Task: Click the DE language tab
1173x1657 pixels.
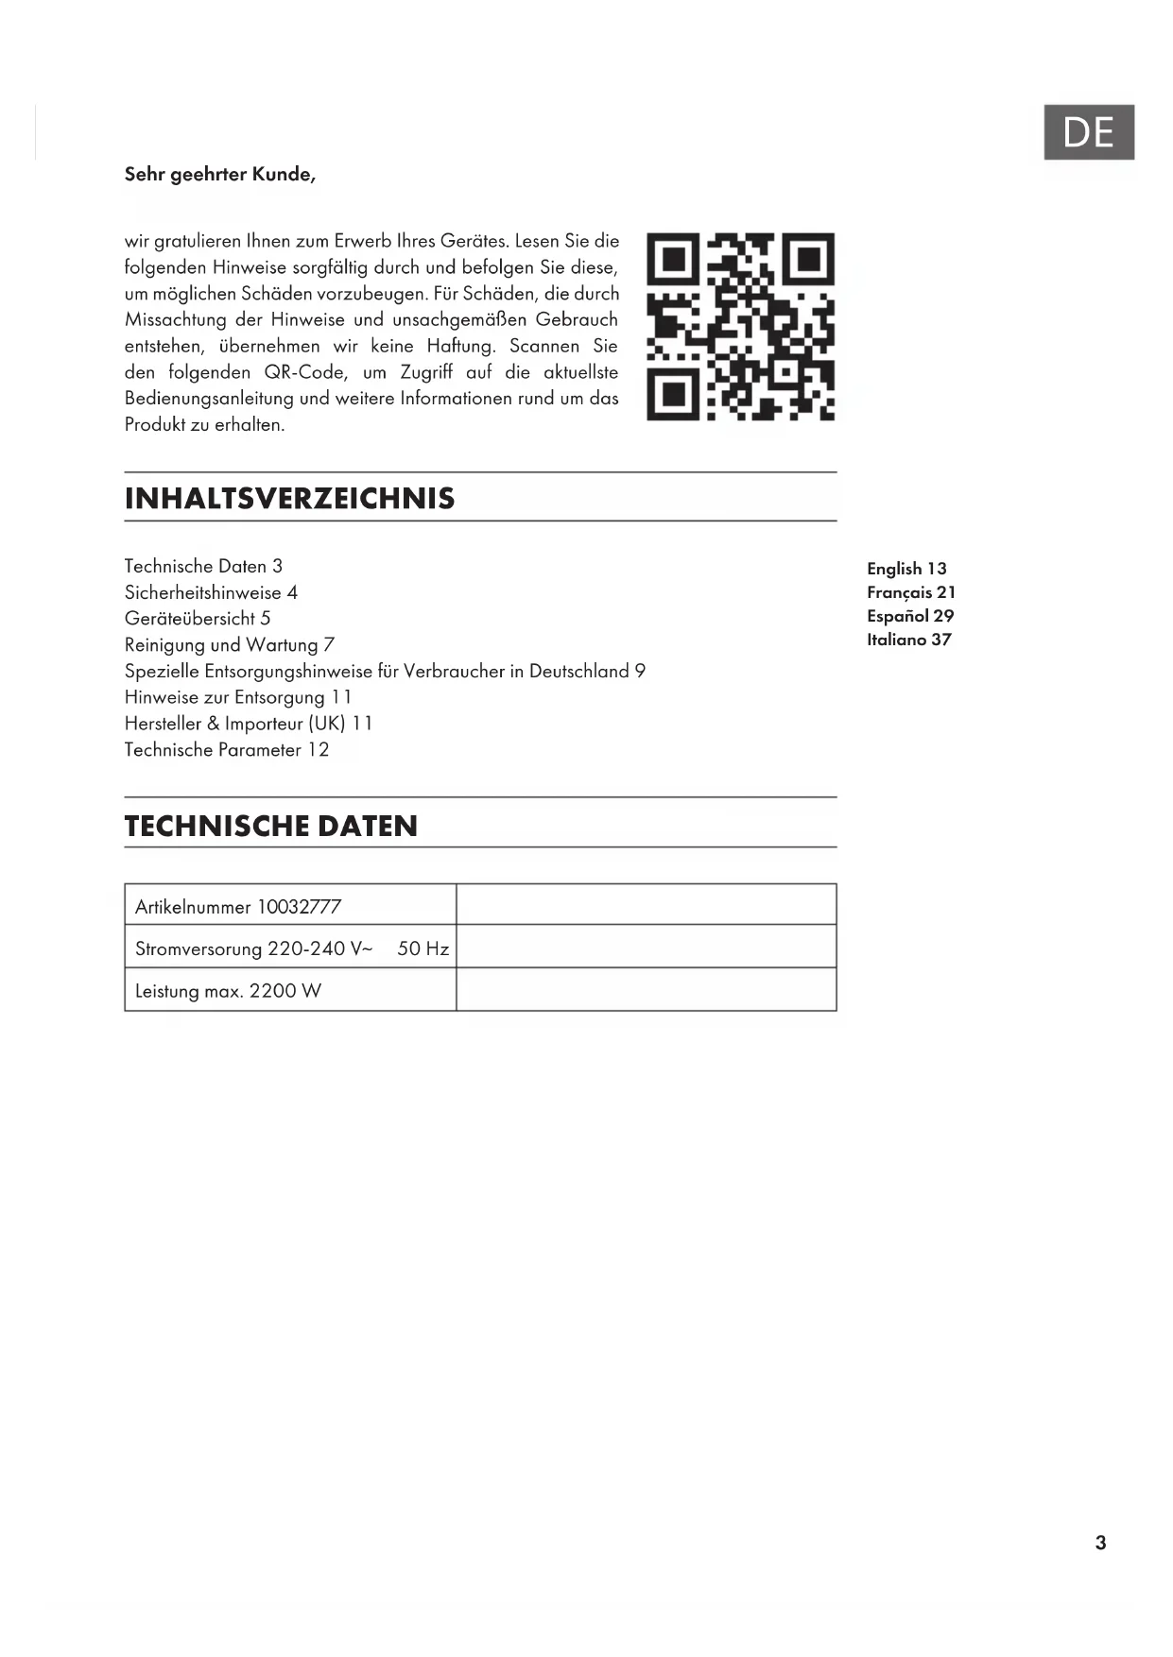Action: click(x=1088, y=132)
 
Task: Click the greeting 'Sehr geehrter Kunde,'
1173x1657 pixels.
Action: click(x=220, y=174)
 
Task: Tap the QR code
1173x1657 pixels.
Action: click(x=740, y=326)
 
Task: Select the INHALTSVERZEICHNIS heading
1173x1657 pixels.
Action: click(x=289, y=498)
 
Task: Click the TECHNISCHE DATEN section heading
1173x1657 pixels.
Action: click(x=271, y=826)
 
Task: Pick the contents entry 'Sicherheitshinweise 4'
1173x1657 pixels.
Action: click(x=211, y=592)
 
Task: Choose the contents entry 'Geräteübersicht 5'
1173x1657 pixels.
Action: click(x=198, y=619)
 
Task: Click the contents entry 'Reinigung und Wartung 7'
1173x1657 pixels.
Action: click(x=230, y=645)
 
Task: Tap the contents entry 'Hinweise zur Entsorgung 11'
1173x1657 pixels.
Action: click(x=238, y=697)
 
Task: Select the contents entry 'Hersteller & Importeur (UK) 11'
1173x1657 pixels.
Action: click(x=249, y=724)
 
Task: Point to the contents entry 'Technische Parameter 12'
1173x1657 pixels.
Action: click(x=227, y=750)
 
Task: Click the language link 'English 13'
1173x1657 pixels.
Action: click(x=906, y=569)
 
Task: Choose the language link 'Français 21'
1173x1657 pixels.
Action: click(x=911, y=592)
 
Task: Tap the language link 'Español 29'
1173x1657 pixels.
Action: click(x=910, y=616)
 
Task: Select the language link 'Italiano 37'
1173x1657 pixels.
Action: click(x=909, y=640)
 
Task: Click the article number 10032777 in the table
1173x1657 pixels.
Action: click(x=299, y=907)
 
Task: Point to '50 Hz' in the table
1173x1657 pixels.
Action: click(x=423, y=948)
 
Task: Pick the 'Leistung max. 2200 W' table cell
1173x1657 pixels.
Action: click(x=228, y=991)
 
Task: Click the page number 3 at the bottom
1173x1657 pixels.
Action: click(x=1100, y=1543)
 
